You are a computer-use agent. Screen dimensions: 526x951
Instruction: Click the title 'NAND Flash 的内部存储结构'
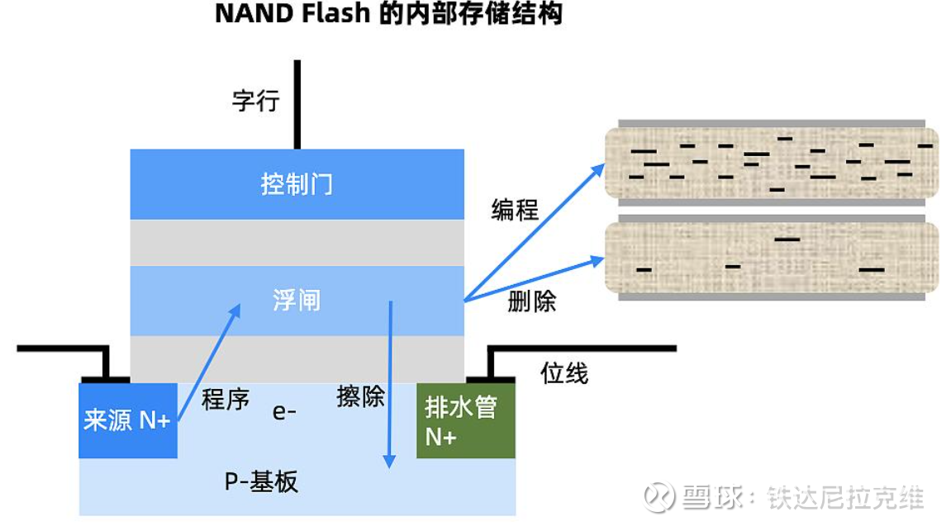(388, 14)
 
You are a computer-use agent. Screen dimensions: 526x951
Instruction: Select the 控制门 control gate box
(297, 184)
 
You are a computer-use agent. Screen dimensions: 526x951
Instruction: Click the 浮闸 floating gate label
(296, 300)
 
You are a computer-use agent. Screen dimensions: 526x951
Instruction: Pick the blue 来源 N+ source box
(128, 420)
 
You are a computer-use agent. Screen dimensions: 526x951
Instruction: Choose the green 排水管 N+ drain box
(465, 420)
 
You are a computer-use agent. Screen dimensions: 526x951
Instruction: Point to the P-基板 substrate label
(261, 481)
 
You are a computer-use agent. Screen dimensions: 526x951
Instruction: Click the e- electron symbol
(284, 411)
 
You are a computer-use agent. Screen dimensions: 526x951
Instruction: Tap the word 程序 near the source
(226, 400)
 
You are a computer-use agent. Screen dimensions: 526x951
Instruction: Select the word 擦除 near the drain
(360, 396)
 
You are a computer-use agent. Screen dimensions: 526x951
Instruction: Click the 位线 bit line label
(564, 373)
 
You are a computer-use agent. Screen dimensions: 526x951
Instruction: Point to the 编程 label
(515, 210)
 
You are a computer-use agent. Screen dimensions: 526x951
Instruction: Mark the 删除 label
(532, 301)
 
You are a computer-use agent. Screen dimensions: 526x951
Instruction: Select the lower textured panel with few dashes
(772, 257)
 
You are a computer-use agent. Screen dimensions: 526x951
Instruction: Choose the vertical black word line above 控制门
(297, 103)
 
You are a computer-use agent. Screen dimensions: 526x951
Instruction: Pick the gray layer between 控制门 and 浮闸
(297, 242)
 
